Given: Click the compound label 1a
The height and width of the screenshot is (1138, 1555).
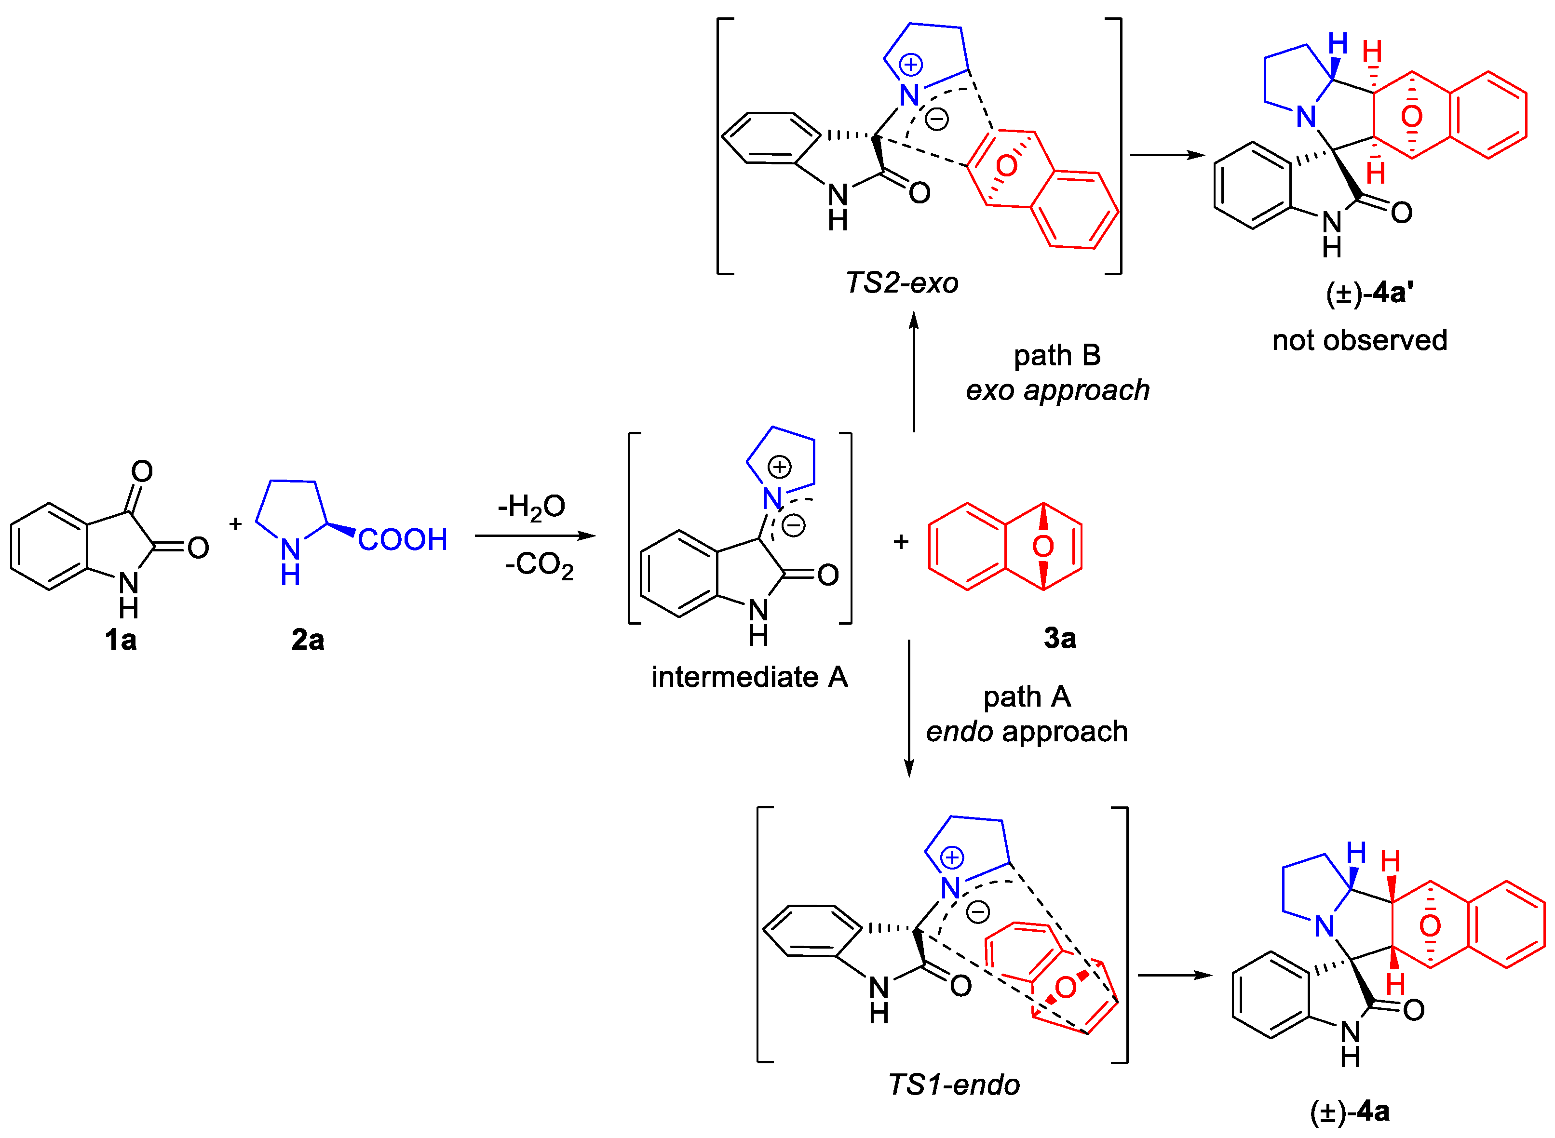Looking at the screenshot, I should click(x=121, y=640).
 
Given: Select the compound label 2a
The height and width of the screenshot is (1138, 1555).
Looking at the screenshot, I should click(x=307, y=640).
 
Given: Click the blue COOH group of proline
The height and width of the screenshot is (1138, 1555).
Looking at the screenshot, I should click(x=402, y=539).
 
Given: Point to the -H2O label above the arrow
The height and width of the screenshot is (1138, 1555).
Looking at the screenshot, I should click(x=531, y=508).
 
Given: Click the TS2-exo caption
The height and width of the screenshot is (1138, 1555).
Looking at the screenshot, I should click(x=901, y=283).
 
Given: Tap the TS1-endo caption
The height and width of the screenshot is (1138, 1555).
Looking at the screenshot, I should click(x=954, y=1085).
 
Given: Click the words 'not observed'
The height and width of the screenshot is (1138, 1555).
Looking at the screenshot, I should click(x=1359, y=340).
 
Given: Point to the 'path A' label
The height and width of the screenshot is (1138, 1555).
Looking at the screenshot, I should click(x=1027, y=697).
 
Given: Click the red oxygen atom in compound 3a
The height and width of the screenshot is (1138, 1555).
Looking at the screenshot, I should click(x=1042, y=546).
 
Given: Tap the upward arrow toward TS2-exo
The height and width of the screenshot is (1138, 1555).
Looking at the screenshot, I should click(x=914, y=372).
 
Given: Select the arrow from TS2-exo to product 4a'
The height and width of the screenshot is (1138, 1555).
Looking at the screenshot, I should click(x=1167, y=155).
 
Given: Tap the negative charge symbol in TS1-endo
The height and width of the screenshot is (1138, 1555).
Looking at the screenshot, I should click(x=978, y=912).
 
